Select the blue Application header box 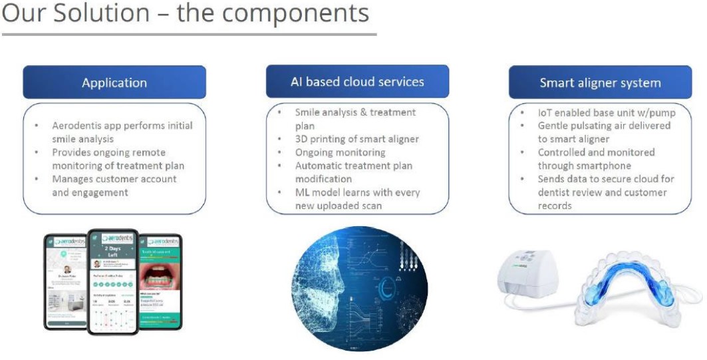[x=114, y=83]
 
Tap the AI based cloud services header [x=357, y=82]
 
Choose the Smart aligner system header [x=600, y=83]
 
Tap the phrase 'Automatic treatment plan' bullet [x=354, y=166]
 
